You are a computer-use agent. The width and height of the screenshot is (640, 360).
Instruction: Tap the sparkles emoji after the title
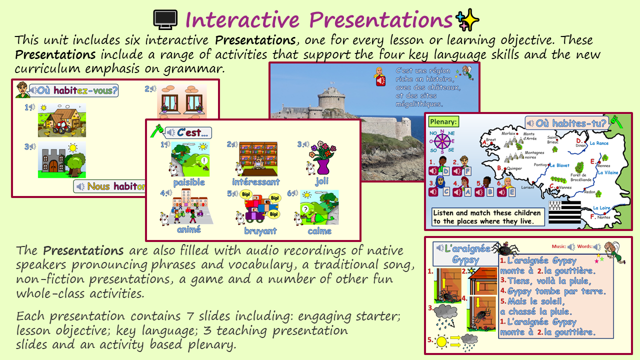click(x=467, y=20)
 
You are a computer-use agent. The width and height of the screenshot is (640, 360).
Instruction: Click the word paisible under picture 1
click(x=189, y=182)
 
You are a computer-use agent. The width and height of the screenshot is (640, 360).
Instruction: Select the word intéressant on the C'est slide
click(x=255, y=182)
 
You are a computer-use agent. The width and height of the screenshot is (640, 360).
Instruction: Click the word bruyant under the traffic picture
click(x=260, y=231)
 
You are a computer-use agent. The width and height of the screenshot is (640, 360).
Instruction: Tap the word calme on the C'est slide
click(x=319, y=231)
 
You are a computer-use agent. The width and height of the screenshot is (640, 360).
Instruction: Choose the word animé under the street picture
click(x=188, y=229)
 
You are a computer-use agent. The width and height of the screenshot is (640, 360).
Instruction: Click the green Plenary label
click(x=443, y=121)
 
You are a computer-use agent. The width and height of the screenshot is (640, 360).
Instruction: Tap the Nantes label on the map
click(x=603, y=217)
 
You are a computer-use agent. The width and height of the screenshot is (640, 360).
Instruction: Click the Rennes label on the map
click(x=603, y=166)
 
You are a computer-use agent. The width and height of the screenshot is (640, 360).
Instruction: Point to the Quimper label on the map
click(x=514, y=168)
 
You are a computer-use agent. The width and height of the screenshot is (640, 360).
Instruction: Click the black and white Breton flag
click(x=564, y=213)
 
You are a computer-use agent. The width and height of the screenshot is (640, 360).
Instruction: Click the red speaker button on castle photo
click(x=380, y=80)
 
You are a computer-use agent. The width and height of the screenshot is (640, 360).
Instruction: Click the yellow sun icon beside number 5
click(x=441, y=342)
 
